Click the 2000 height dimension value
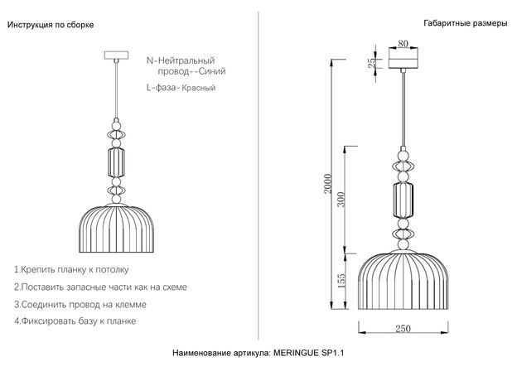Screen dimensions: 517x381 coord(327,184)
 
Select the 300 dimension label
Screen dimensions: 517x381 coord(341,200)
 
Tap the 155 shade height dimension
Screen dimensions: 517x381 coord(341,281)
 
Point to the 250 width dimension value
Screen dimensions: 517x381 coord(403,328)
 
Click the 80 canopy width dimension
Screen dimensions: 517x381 coord(403,43)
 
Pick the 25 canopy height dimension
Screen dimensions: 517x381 coord(371,63)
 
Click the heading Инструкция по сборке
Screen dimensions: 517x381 coord(51,25)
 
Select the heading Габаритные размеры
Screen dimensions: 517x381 coord(466,23)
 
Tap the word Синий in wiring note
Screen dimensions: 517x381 coord(212,71)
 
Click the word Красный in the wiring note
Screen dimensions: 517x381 coord(199,88)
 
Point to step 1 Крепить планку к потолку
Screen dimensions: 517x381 coord(71,270)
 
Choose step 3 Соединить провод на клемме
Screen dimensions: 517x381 coord(80,304)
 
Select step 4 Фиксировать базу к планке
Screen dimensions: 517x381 coord(75,321)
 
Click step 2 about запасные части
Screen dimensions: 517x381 coord(100,287)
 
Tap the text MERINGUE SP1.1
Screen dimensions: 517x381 coord(308,353)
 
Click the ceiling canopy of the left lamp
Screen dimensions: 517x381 coord(116,55)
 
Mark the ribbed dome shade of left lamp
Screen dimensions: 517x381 coord(116,229)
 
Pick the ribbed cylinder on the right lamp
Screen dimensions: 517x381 coord(403,200)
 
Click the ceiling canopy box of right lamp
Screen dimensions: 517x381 coord(403,58)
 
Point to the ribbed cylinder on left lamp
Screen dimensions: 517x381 coord(116,162)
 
